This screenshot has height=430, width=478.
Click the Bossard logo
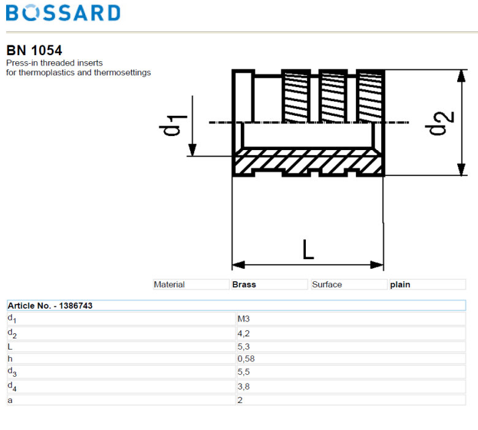point(63,13)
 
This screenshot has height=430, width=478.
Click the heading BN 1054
point(34,51)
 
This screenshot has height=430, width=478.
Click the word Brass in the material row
point(244,284)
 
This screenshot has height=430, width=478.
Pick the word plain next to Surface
point(400,284)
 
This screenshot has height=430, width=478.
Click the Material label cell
point(169,284)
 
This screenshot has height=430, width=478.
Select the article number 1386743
point(76,305)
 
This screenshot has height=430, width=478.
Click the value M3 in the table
point(243,319)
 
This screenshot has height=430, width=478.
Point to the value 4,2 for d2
point(243,333)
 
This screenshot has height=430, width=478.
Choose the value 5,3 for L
point(243,347)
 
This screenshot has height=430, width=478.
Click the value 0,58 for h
point(246,358)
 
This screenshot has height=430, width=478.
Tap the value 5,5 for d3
point(243,372)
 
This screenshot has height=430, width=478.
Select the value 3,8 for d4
point(243,387)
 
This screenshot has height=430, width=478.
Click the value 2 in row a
point(240,400)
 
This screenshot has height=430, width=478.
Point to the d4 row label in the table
point(11,387)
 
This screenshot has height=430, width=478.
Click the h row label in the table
point(10,358)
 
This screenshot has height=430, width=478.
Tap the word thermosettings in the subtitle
point(122,72)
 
